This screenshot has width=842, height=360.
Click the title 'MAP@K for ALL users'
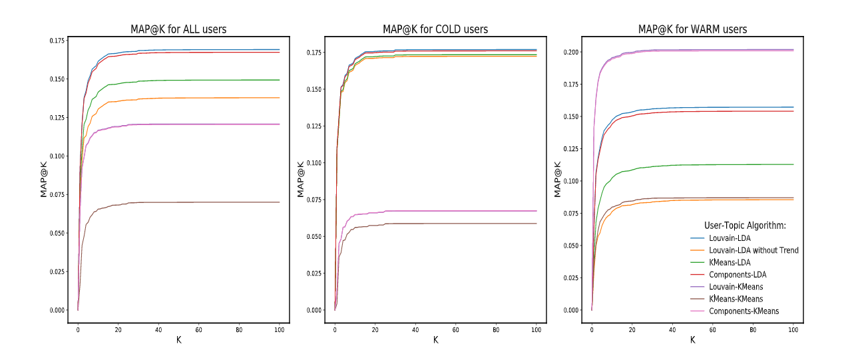pyautogui.click(x=178, y=29)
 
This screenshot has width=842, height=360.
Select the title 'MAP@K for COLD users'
pyautogui.click(x=435, y=29)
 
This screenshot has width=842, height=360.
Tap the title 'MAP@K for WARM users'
pyautogui.click(x=692, y=29)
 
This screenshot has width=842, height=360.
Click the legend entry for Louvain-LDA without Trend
pyautogui.click(x=753, y=250)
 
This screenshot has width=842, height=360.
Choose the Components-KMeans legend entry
pyautogui.click(x=743, y=311)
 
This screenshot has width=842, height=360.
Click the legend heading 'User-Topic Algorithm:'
pyautogui.click(x=745, y=226)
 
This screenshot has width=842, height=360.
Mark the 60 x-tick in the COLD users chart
pyautogui.click(x=455, y=330)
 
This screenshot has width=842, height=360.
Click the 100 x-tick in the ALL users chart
pyautogui.click(x=280, y=330)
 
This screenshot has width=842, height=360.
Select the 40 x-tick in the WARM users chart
pyautogui.click(x=672, y=330)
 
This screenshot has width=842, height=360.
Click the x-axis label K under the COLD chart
pyautogui.click(x=435, y=340)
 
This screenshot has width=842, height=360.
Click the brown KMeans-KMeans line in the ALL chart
pyautogui.click(x=200, y=202)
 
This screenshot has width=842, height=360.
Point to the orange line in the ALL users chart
pyautogui.click(x=200, y=98)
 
